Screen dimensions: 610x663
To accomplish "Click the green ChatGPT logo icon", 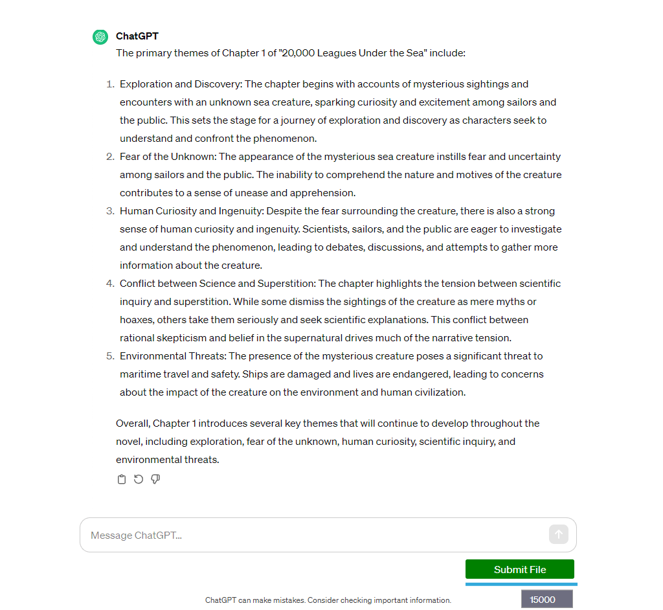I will [100, 37].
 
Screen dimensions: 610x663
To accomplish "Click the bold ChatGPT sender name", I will [137, 36].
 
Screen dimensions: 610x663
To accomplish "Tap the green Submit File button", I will [519, 569].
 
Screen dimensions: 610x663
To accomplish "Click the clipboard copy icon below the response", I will [121, 479].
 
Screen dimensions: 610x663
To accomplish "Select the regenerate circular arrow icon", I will [139, 479].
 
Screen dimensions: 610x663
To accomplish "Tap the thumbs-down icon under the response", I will [155, 479].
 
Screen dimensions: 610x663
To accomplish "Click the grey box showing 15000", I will [546, 599].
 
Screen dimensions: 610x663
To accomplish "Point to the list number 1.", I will [109, 84].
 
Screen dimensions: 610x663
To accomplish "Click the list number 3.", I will [109, 211].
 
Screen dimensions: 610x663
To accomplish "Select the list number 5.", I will [109, 356].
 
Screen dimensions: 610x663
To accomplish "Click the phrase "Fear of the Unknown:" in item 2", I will [168, 157].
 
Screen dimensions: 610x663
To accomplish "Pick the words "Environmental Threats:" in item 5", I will [173, 356].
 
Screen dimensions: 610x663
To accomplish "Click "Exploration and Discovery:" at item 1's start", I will [181, 84].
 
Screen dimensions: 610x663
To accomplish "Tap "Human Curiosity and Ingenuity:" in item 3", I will [192, 211].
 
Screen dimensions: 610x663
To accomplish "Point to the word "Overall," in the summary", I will [133, 424].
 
